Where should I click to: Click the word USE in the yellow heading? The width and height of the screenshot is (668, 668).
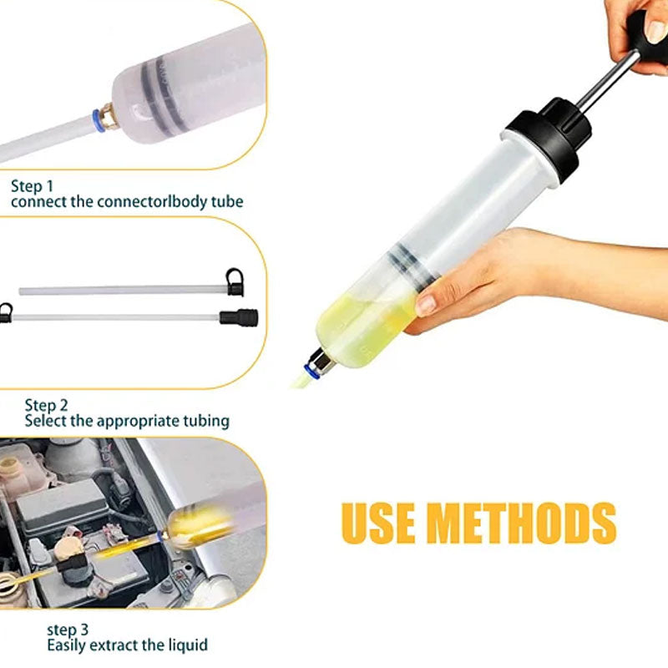click(378, 524)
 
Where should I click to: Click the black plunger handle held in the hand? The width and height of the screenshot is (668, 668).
click(649, 38)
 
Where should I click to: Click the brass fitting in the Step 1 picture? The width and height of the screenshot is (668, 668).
click(109, 116)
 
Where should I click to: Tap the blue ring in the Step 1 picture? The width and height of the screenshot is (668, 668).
click(99, 120)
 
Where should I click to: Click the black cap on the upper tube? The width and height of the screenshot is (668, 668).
click(235, 282)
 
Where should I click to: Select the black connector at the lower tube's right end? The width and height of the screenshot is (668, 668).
click(239, 318)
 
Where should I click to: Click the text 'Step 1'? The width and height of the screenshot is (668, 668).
click(32, 186)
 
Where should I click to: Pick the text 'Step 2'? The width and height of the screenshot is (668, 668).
click(46, 405)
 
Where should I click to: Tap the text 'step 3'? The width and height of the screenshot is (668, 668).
click(68, 630)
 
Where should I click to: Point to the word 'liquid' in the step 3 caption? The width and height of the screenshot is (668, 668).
click(186, 645)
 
